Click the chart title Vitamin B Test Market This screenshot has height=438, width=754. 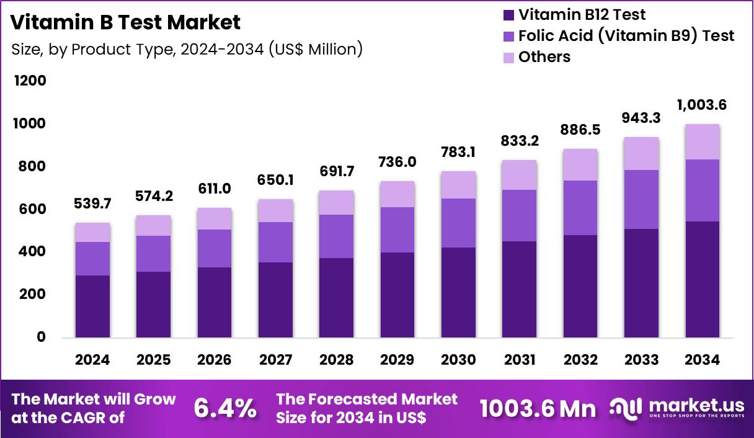[126, 23]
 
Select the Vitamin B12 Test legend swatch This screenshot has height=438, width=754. [508, 15]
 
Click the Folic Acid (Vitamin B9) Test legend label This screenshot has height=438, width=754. [626, 36]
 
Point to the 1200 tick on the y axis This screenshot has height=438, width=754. [30, 81]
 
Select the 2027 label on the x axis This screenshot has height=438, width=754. [275, 360]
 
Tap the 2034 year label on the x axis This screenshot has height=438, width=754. [703, 360]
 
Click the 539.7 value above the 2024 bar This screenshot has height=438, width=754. [92, 204]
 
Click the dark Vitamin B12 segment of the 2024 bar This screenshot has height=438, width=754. [92, 306]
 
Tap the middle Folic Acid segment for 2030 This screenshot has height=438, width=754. [458, 223]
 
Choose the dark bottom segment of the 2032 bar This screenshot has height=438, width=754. [580, 286]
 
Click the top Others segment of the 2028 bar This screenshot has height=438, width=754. [336, 203]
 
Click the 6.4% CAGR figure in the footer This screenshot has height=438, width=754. [224, 408]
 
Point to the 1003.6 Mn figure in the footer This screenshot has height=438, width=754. [538, 408]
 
